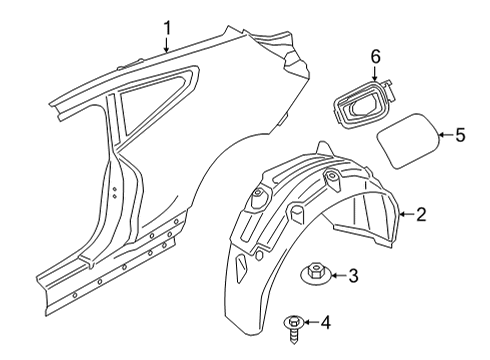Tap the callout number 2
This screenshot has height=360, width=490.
click(x=421, y=213)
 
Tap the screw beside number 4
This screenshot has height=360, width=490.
click(x=293, y=323)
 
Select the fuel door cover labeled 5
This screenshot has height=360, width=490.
click(x=409, y=140)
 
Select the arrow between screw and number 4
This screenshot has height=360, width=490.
click(x=311, y=322)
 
